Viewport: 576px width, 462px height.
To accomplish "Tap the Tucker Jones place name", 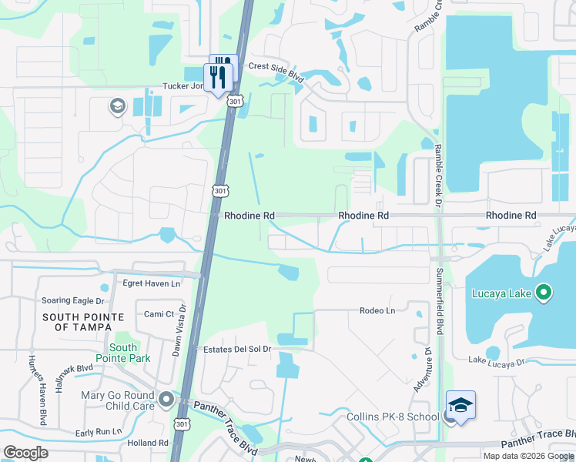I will coord(183,86).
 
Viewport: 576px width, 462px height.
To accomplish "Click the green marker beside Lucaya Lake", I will coord(544,293).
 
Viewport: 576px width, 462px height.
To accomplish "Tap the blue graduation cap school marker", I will coord(460,407).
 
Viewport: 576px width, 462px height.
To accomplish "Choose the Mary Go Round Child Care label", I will coord(119,400).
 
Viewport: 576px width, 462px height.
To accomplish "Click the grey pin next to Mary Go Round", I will coord(166,400).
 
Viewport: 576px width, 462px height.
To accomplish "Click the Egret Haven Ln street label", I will coord(152,283).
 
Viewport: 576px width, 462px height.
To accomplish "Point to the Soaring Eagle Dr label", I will coord(73,300).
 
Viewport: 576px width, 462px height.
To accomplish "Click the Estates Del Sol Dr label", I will coord(237,349).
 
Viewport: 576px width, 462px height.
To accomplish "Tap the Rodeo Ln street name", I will coord(377,310).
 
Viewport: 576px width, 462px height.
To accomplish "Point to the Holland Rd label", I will coord(148,443).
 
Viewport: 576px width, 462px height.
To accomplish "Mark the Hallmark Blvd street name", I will coord(74,368).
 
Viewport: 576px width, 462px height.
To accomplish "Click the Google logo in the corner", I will coord(26,452).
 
